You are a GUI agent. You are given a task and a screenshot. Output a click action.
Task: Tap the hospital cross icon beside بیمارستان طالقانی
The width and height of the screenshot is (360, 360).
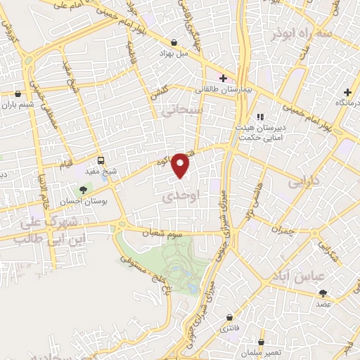(x=223, y=78)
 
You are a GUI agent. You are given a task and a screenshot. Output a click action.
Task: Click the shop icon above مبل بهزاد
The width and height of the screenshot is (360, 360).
(x=174, y=42)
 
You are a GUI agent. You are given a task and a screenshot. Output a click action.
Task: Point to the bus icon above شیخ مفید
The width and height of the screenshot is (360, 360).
(x=101, y=160)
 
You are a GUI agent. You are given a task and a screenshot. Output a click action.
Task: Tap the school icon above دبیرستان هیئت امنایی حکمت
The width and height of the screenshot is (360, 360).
(x=260, y=117)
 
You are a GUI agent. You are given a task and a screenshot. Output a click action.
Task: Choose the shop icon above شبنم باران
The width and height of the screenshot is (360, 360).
(x=18, y=94)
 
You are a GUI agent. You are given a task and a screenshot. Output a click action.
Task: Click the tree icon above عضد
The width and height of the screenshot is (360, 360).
(x=323, y=293)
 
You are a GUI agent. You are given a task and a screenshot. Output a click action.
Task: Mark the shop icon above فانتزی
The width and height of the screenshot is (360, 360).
(x=226, y=317)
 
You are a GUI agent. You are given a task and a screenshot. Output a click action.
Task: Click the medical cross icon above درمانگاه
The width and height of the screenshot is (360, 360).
(x=347, y=92)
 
